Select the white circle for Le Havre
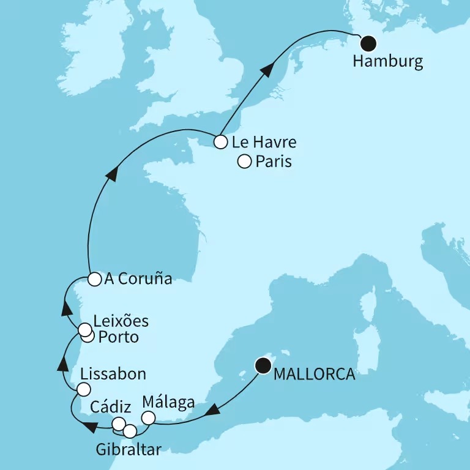[220, 143]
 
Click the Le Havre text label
[264, 143]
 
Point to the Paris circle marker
[244, 162]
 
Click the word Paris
[274, 162]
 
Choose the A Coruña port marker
[94, 280]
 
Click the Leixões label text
[121, 321]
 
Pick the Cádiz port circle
[119, 423]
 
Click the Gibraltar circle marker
[130, 431]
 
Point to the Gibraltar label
[129, 450]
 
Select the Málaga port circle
[149, 418]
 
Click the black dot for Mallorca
[264, 366]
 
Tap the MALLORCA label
[314, 374]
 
